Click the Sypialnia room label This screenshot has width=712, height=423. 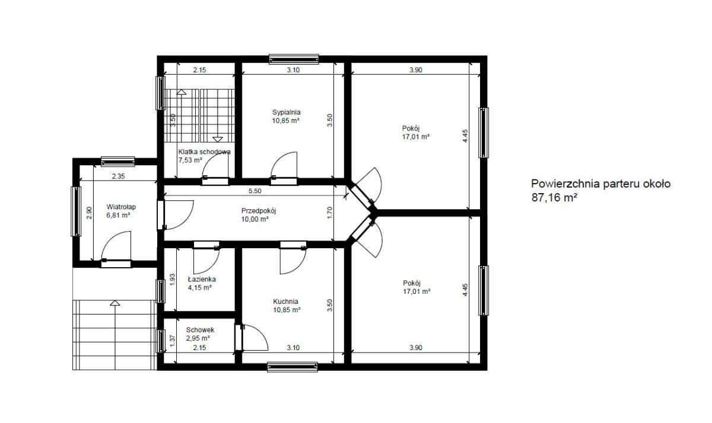tap(286, 112)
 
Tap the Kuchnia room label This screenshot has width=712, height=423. tap(285, 302)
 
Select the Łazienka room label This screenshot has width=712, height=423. tap(202, 279)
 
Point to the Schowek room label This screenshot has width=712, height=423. tap(200, 330)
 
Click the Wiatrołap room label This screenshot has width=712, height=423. tap(121, 207)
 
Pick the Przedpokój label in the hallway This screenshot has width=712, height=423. tap(259, 211)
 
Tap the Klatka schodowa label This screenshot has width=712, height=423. tap(204, 152)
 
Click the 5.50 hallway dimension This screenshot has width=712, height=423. tap(255, 191)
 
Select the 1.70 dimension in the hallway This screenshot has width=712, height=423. tap(330, 213)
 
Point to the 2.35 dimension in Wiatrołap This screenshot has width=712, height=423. tap(118, 176)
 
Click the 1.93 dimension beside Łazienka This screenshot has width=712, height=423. tap(173, 280)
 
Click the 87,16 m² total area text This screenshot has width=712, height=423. tap(554, 198)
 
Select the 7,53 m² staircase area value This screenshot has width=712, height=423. tap(190, 160)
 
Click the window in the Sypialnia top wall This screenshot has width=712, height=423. tap(294, 59)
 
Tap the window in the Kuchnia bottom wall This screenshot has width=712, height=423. tap(293, 367)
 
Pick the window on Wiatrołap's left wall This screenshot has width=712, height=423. tap(76, 211)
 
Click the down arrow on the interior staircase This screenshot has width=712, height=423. tap(218, 139)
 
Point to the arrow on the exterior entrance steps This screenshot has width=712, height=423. tap(115, 303)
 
